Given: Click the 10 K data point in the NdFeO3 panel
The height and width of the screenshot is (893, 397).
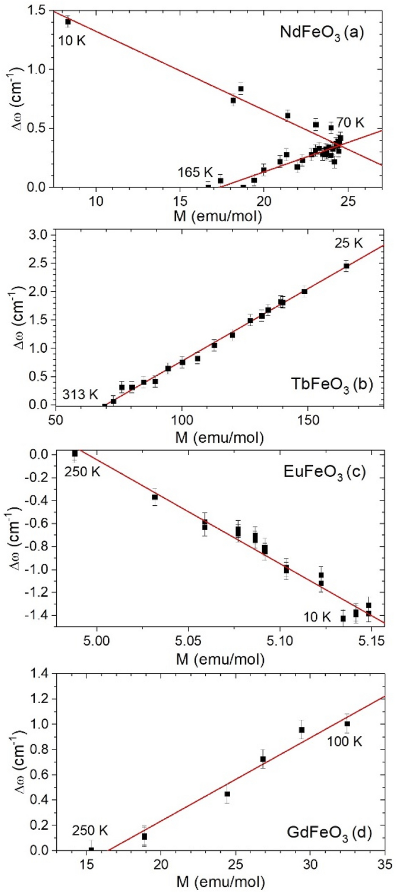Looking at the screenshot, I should coord(68,22).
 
